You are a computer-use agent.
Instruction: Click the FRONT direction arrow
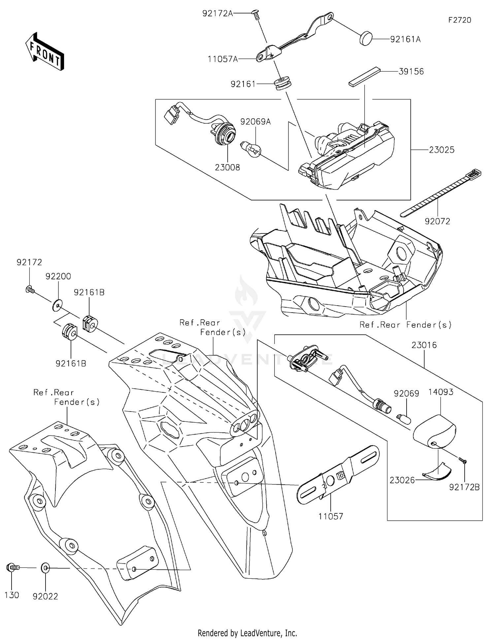44,51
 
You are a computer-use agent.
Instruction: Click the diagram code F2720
460,20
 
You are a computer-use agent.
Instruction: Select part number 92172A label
217,14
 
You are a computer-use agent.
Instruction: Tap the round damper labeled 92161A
366,38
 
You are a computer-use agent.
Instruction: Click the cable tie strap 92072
441,193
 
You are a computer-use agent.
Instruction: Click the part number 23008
227,167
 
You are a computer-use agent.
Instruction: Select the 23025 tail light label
442,150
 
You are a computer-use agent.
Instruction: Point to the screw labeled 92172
30,289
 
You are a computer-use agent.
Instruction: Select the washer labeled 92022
46,568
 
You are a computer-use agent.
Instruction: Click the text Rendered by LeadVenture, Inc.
247,633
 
